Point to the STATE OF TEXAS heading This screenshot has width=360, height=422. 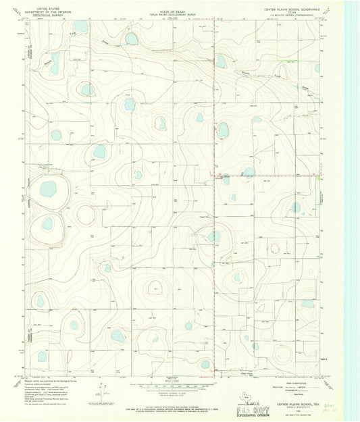click(x=170, y=6)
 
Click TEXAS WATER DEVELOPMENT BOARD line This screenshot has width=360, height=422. click(x=170, y=9)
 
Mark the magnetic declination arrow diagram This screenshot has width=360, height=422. click(x=103, y=390)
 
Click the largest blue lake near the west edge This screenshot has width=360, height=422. click(x=48, y=188)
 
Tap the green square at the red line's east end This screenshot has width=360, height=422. click(x=317, y=177)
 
